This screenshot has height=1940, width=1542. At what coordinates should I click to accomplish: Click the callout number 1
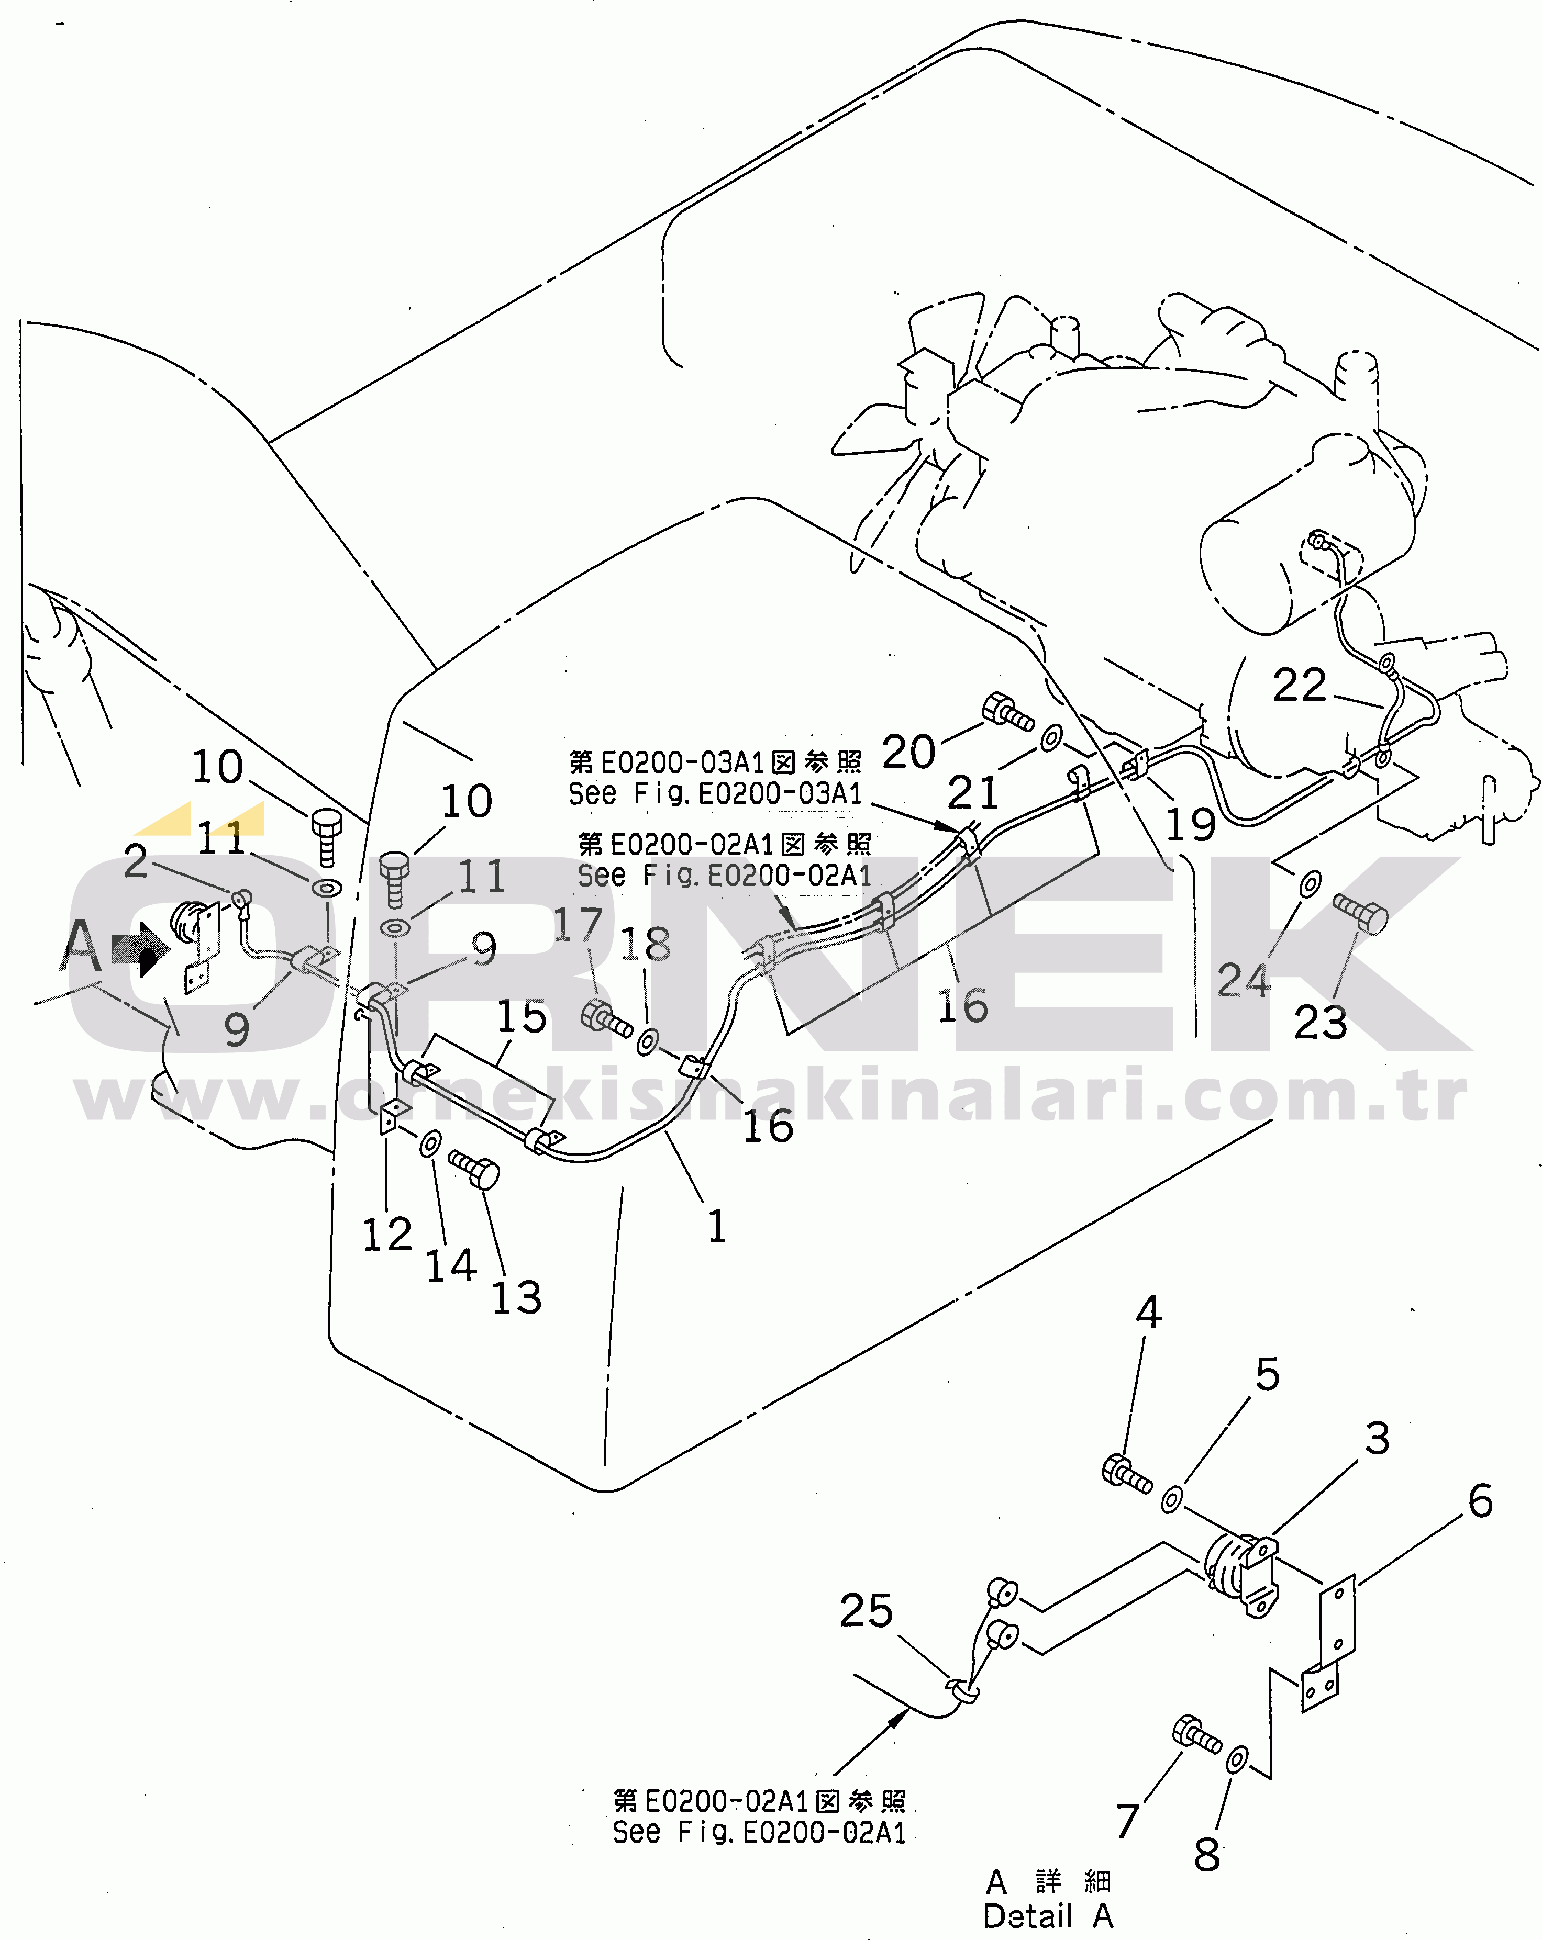[x=716, y=1227]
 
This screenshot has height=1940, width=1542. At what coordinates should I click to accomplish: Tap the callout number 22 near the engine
[x=1299, y=686]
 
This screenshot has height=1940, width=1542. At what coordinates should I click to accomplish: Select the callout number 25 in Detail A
[x=866, y=1611]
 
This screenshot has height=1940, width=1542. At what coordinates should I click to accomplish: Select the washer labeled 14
[x=430, y=1145]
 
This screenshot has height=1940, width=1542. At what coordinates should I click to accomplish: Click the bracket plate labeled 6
[x=1335, y=1625]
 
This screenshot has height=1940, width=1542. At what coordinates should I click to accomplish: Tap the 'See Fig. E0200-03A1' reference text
[x=715, y=793]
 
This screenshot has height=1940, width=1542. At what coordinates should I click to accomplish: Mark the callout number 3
[x=1377, y=1438]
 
